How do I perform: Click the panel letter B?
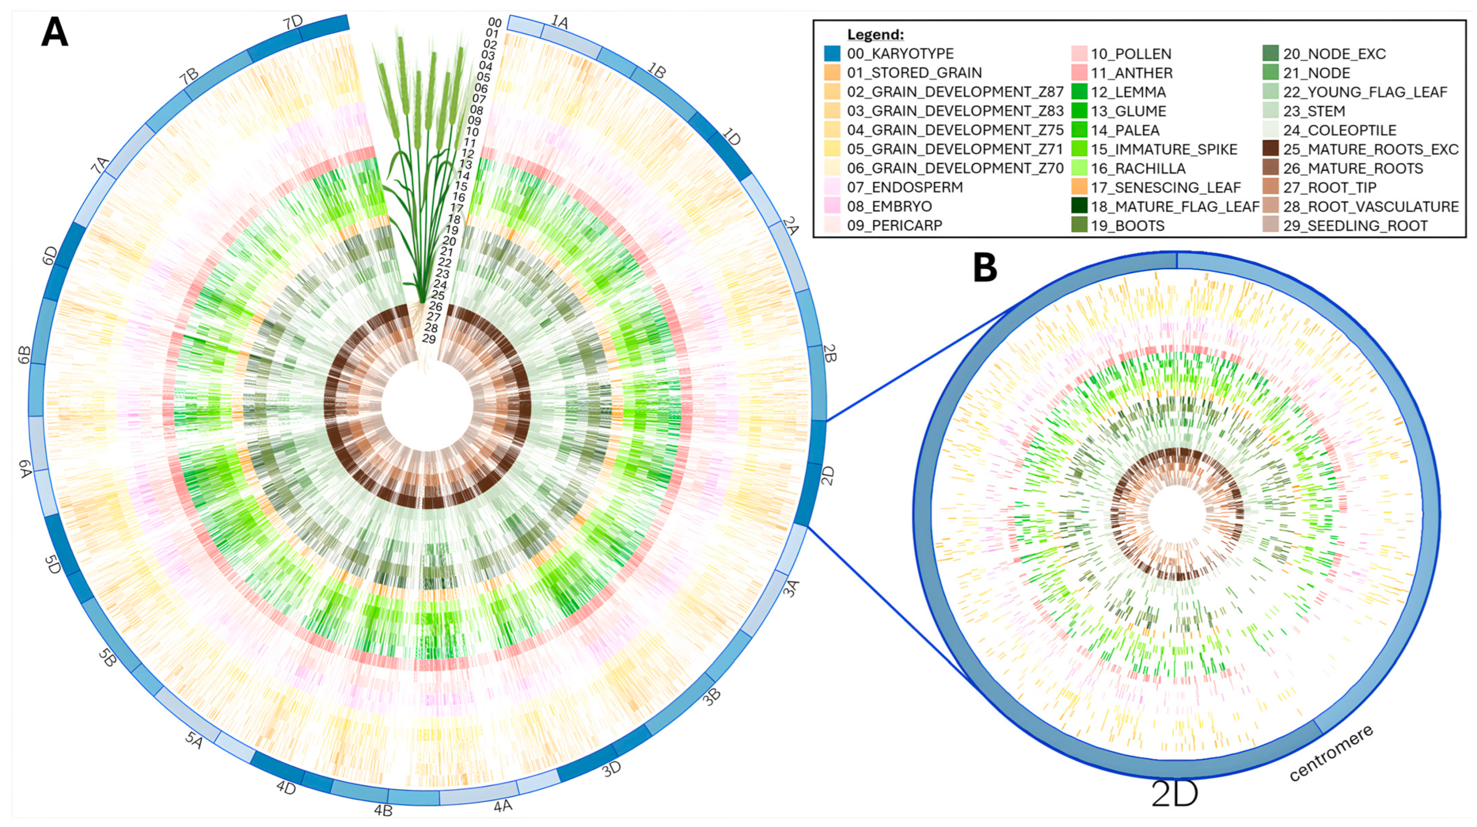[x=985, y=268]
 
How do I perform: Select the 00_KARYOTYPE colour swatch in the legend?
[x=832, y=54]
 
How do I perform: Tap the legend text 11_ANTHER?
[x=1131, y=73]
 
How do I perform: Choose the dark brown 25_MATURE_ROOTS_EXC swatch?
[x=1270, y=149]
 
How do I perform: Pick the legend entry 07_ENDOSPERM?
[x=905, y=187]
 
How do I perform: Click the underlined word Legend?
[x=875, y=35]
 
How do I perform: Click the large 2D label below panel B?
[x=1175, y=794]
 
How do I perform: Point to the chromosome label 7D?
[x=293, y=23]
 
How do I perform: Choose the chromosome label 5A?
[x=194, y=741]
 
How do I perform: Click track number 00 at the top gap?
[x=495, y=23]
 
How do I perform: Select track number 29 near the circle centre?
[x=429, y=339]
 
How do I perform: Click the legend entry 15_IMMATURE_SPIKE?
[x=1163, y=149]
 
